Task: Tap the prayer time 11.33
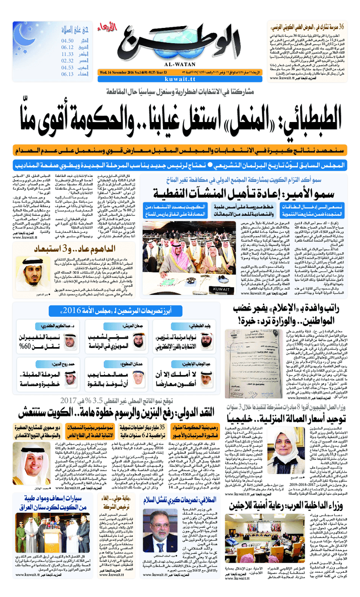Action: coord(67,54)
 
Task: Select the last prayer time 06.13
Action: coord(67,74)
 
